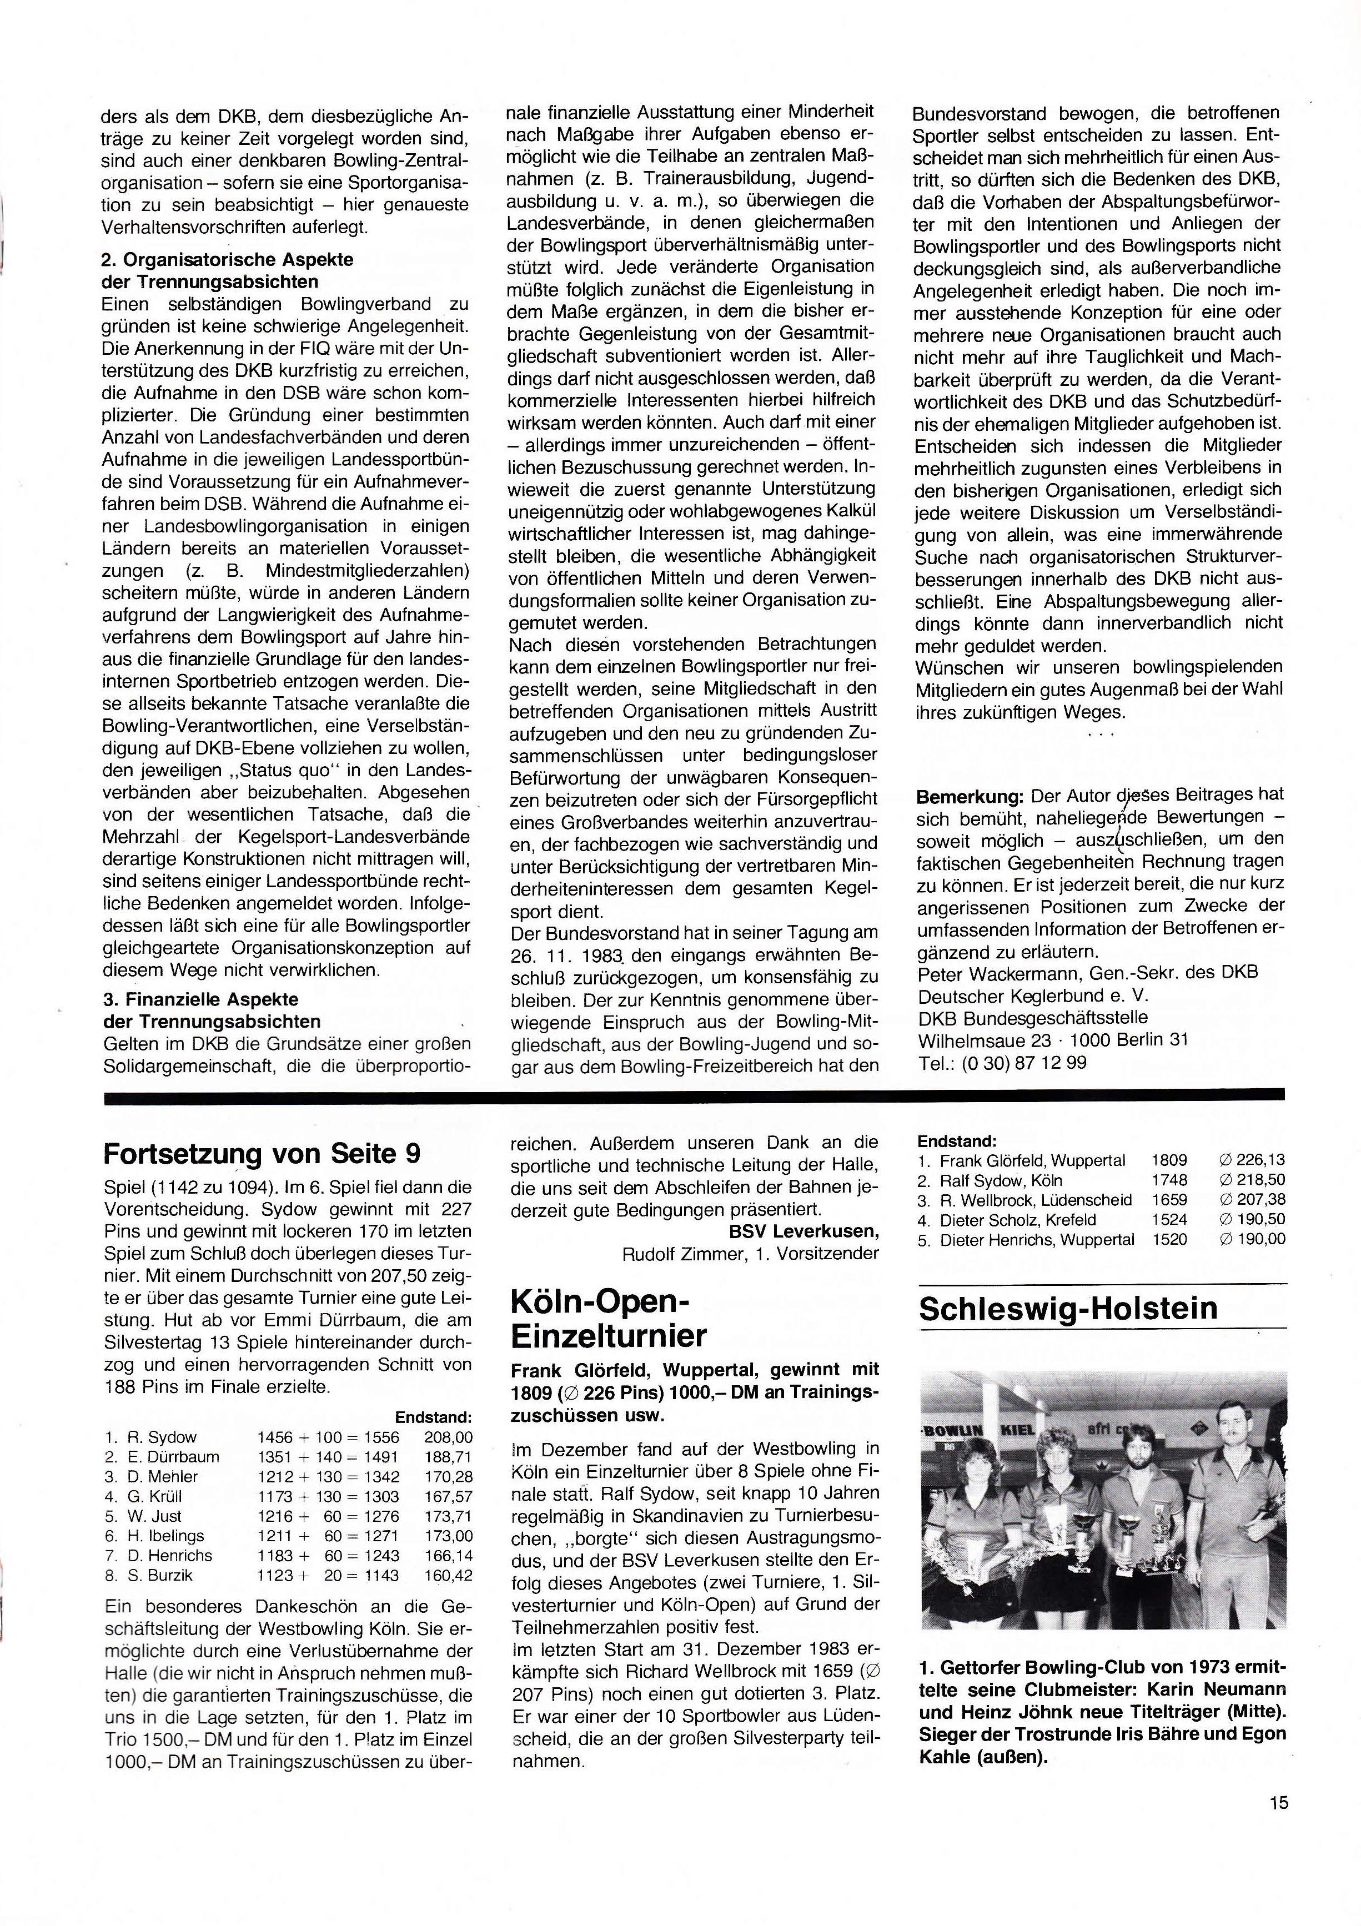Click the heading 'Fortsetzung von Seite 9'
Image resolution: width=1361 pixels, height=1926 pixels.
(261, 1154)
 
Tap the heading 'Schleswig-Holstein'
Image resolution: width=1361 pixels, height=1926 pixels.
(1067, 1309)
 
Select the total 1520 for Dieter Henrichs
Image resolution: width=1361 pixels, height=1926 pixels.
(1169, 1240)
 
